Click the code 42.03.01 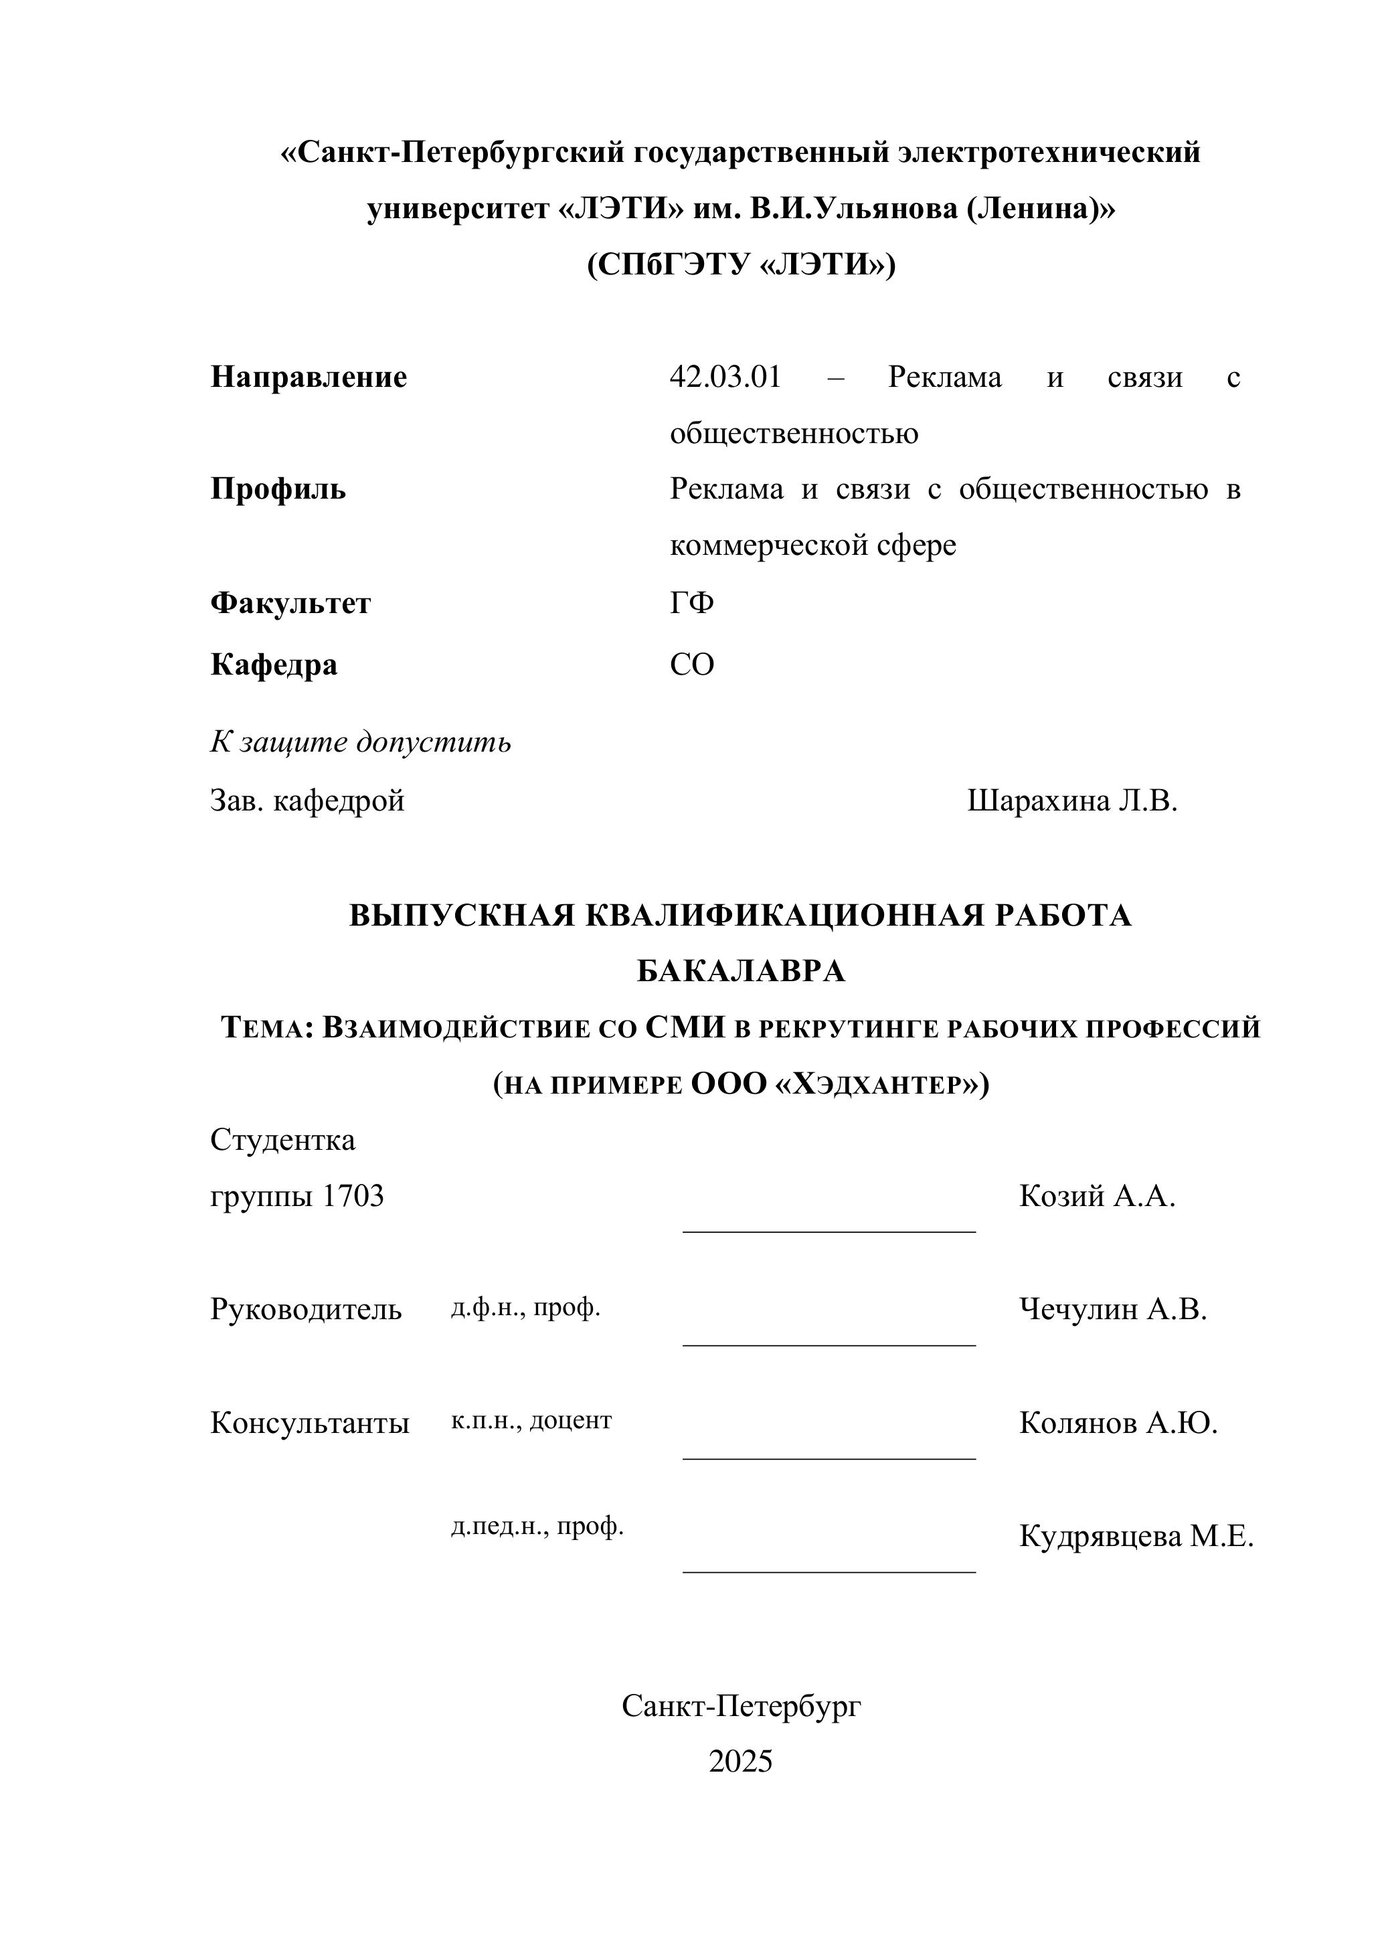click(725, 377)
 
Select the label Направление click(309, 377)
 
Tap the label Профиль click(278, 489)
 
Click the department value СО click(691, 664)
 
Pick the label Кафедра click(274, 664)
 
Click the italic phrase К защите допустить click(361, 742)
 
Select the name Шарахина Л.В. click(1072, 801)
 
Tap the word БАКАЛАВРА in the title click(741, 971)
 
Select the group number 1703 click(352, 1197)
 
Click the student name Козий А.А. click(1097, 1197)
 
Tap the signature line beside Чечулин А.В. click(829, 1344)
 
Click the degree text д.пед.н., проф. click(537, 1527)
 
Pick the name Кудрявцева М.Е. click(1136, 1537)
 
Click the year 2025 click(741, 1761)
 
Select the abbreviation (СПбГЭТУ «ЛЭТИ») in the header click(741, 265)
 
